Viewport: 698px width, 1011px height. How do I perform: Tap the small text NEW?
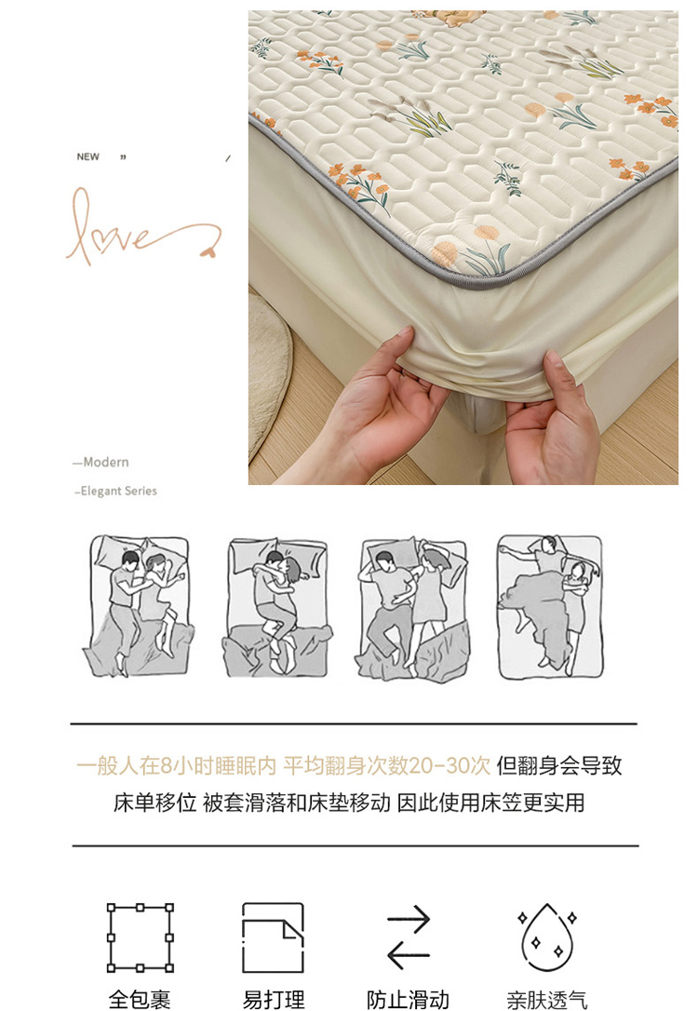[x=87, y=156]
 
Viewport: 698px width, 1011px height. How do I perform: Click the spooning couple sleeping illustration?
[x=139, y=606]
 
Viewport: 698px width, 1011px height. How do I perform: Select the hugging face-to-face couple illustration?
[x=276, y=607]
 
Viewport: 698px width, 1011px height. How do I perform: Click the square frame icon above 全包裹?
[x=140, y=937]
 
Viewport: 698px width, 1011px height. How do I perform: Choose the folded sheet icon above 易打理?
[x=273, y=937]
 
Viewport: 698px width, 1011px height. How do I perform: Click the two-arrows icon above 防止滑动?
[x=409, y=937]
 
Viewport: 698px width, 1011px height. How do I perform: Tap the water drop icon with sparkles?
[x=547, y=937]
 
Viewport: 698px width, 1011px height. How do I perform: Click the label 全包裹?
[x=140, y=1000]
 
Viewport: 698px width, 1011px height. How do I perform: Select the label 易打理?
[x=274, y=1000]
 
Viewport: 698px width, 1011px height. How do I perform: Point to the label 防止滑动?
[x=408, y=1000]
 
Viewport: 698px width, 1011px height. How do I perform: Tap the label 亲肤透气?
[x=547, y=1000]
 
